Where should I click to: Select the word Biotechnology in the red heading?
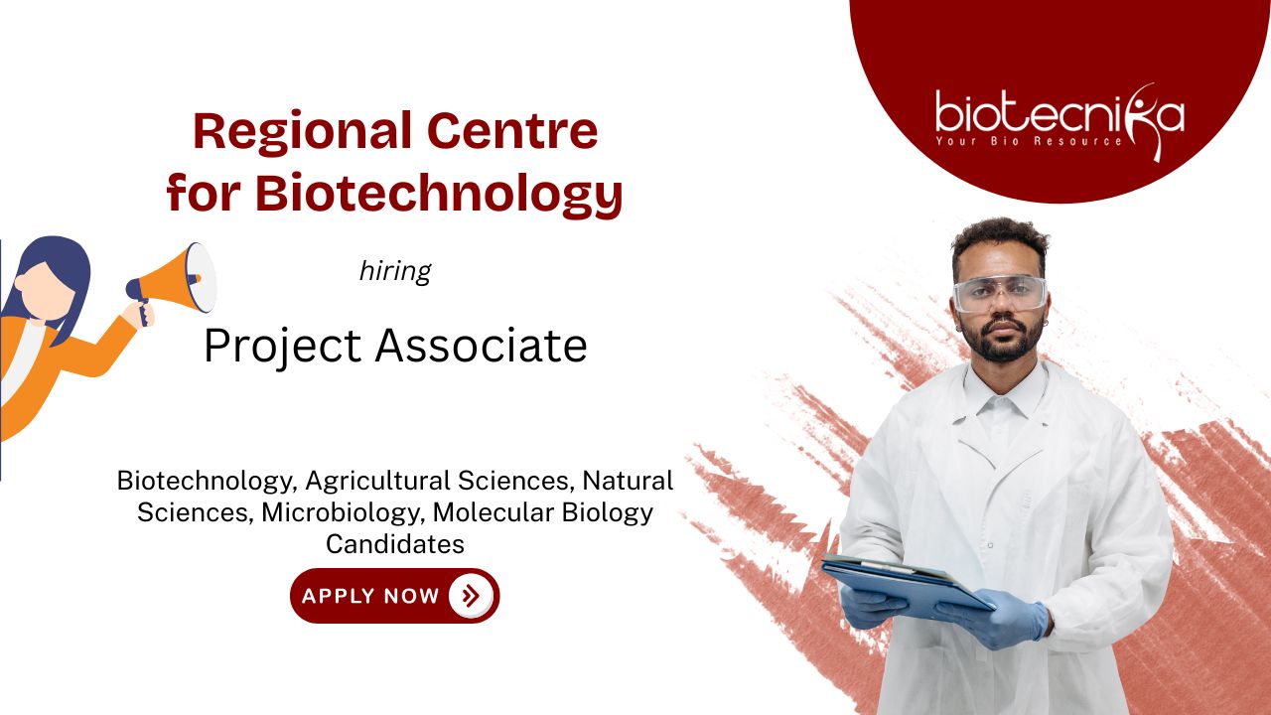pyautogui.click(x=439, y=195)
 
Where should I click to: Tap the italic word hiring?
pyautogui.click(x=395, y=271)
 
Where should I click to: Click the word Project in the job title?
pyautogui.click(x=283, y=347)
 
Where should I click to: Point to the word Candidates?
pyautogui.click(x=395, y=544)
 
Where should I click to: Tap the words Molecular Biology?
pyautogui.click(x=543, y=513)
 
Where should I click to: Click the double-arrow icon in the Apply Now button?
pyautogui.click(x=470, y=596)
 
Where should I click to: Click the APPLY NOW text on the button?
pyautogui.click(x=370, y=596)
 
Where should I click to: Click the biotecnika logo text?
pyautogui.click(x=1059, y=113)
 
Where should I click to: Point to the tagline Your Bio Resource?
pyautogui.click(x=1029, y=141)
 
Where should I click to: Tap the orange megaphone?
pyautogui.click(x=173, y=281)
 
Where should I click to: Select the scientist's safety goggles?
pyautogui.click(x=1000, y=293)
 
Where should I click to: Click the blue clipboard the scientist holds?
pyautogui.click(x=907, y=582)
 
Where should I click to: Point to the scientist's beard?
pyautogui.click(x=1003, y=344)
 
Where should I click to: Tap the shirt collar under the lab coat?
pyautogui.click(x=1003, y=397)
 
